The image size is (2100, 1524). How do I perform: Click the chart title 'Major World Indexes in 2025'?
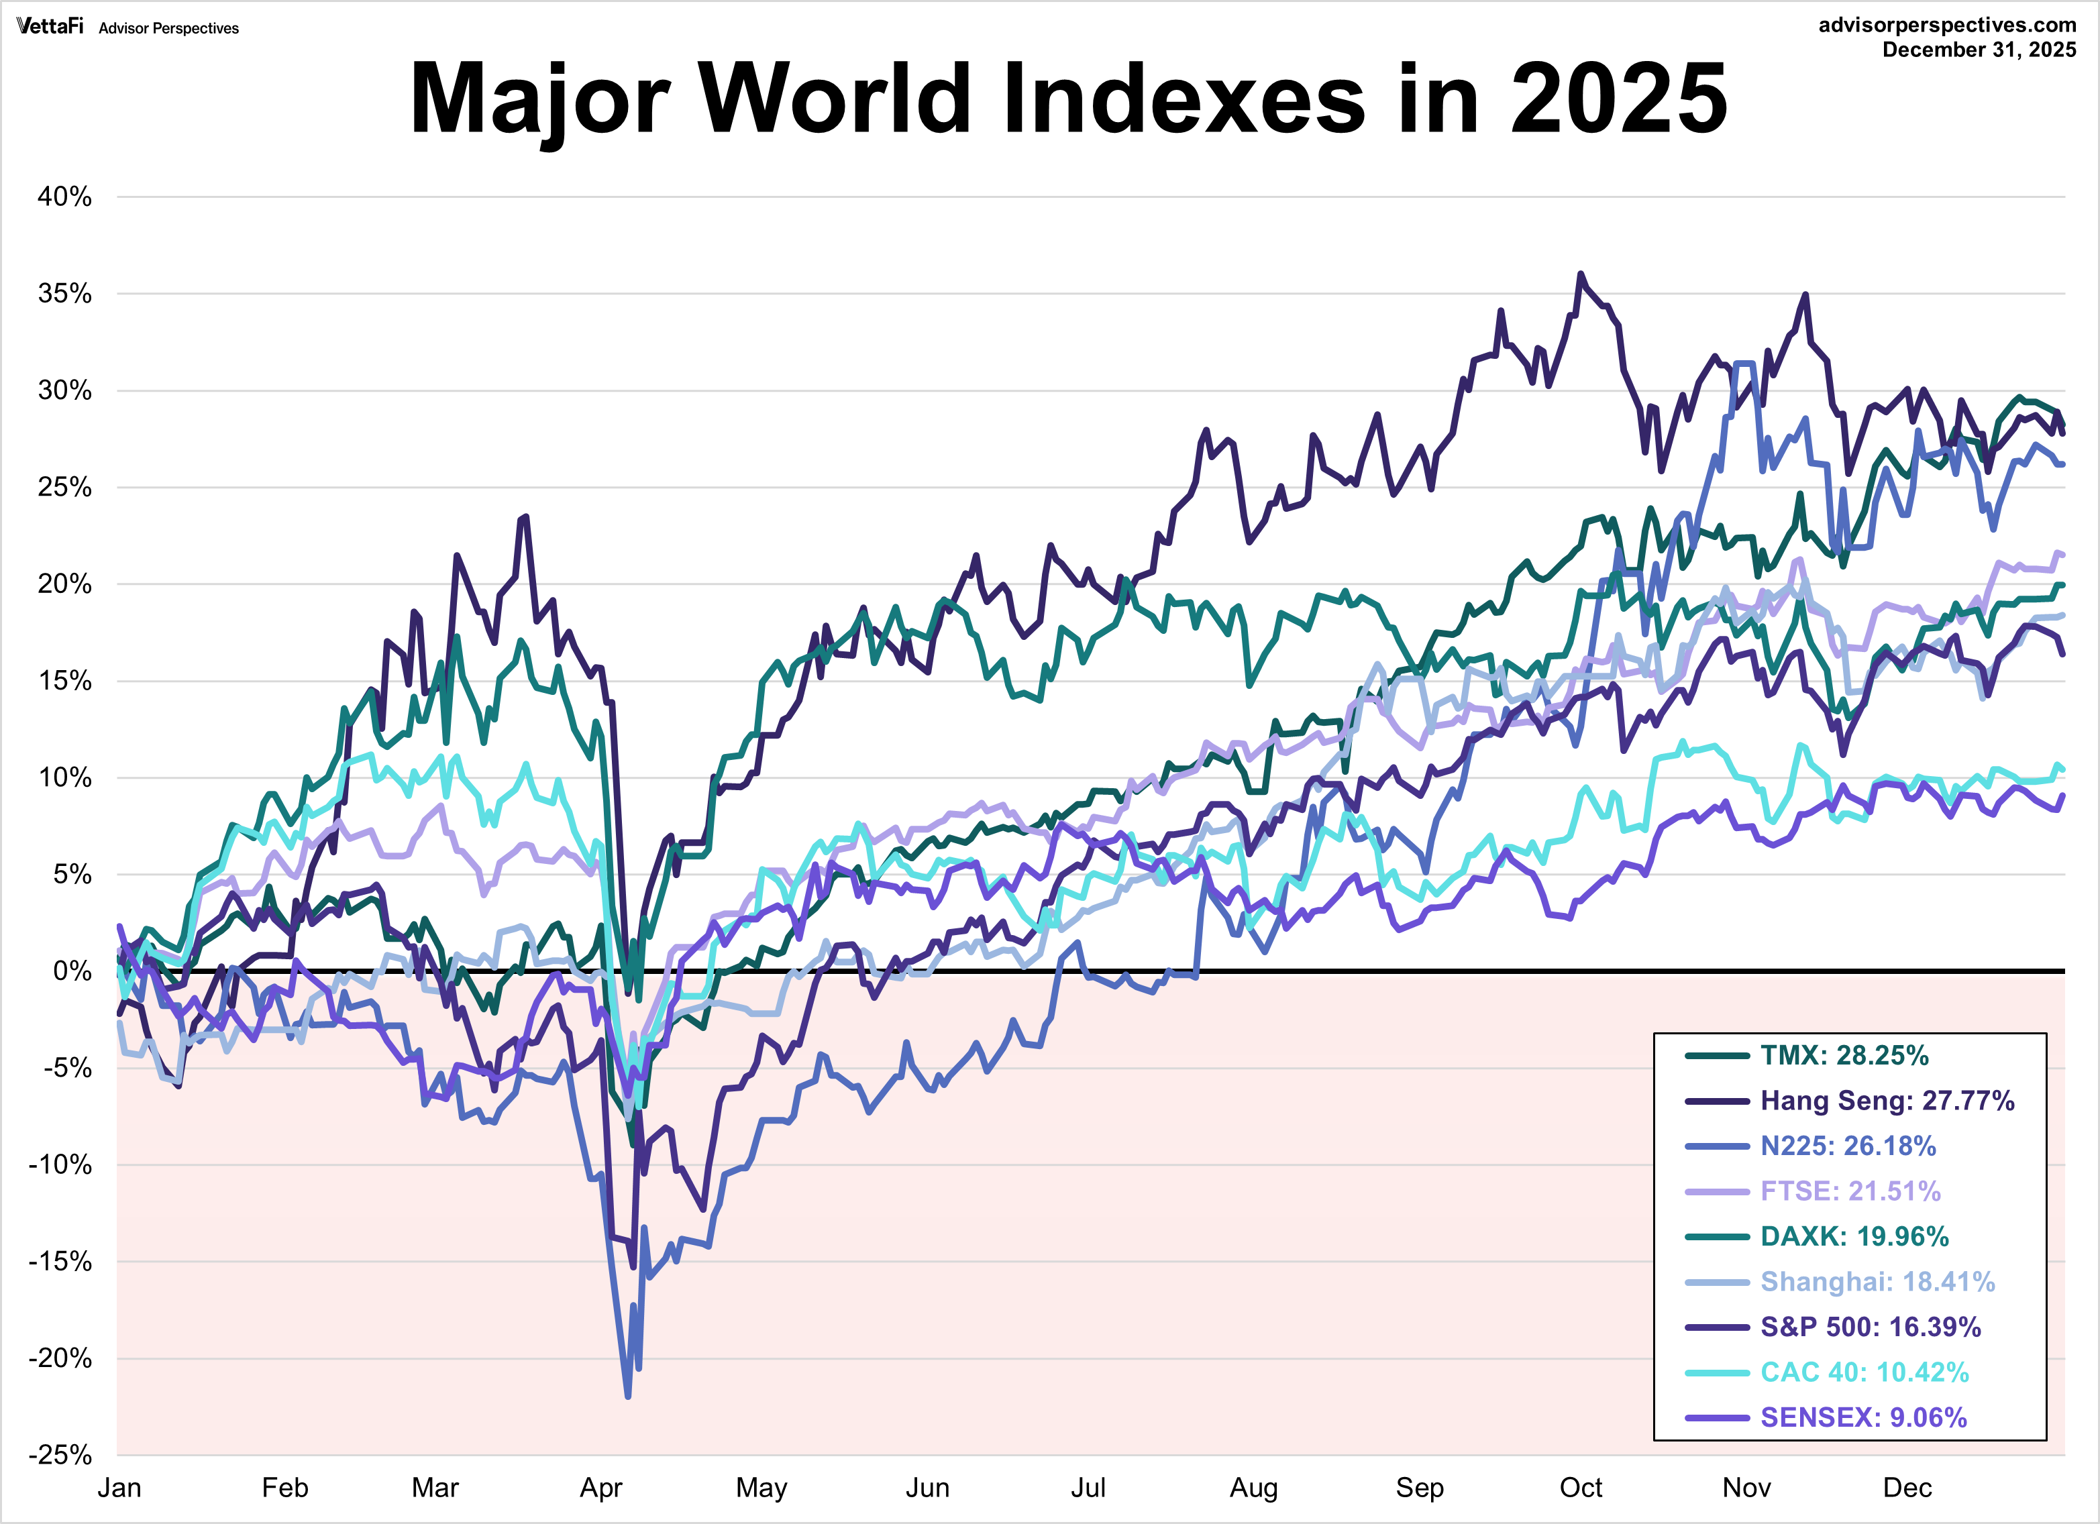pyautogui.click(x=1067, y=98)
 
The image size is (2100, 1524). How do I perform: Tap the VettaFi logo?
pyautogui.click(x=50, y=27)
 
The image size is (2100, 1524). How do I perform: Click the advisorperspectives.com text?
pyautogui.click(x=1946, y=25)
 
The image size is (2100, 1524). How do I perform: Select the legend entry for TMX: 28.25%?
pyautogui.click(x=1844, y=1056)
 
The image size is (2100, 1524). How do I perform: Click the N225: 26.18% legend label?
pyautogui.click(x=1847, y=1146)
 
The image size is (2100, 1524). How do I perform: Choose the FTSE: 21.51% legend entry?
pyautogui.click(x=1849, y=1191)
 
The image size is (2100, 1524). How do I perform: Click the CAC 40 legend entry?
pyautogui.click(x=1864, y=1372)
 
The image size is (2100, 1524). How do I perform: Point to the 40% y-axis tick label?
pyautogui.click(x=65, y=197)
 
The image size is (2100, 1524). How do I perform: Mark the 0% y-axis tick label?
pyautogui.click(x=72, y=971)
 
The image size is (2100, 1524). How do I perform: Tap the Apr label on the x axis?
pyautogui.click(x=601, y=1488)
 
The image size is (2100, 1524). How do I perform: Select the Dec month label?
pyautogui.click(x=1907, y=1488)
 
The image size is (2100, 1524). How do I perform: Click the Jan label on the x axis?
pyautogui.click(x=119, y=1488)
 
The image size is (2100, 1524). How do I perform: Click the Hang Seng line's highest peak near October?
pyautogui.click(x=1581, y=274)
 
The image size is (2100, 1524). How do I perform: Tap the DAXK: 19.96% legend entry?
pyautogui.click(x=1854, y=1236)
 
